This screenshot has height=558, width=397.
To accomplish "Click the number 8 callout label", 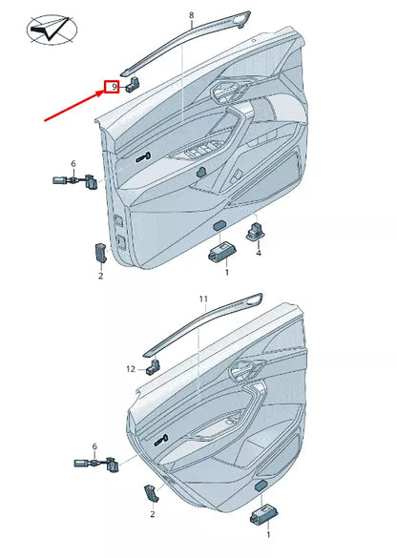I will [x=191, y=16].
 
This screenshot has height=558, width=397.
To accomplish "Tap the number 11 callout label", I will [x=202, y=300].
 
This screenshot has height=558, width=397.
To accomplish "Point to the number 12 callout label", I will [x=131, y=368].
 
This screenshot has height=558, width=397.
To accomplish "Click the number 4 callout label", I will [x=258, y=255].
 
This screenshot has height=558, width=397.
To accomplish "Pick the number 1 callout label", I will [x=226, y=273].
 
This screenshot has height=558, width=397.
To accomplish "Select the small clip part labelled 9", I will [x=133, y=83].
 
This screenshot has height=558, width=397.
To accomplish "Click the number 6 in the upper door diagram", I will [x=73, y=164].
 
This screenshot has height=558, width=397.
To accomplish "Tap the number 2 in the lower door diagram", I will [x=152, y=514].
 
